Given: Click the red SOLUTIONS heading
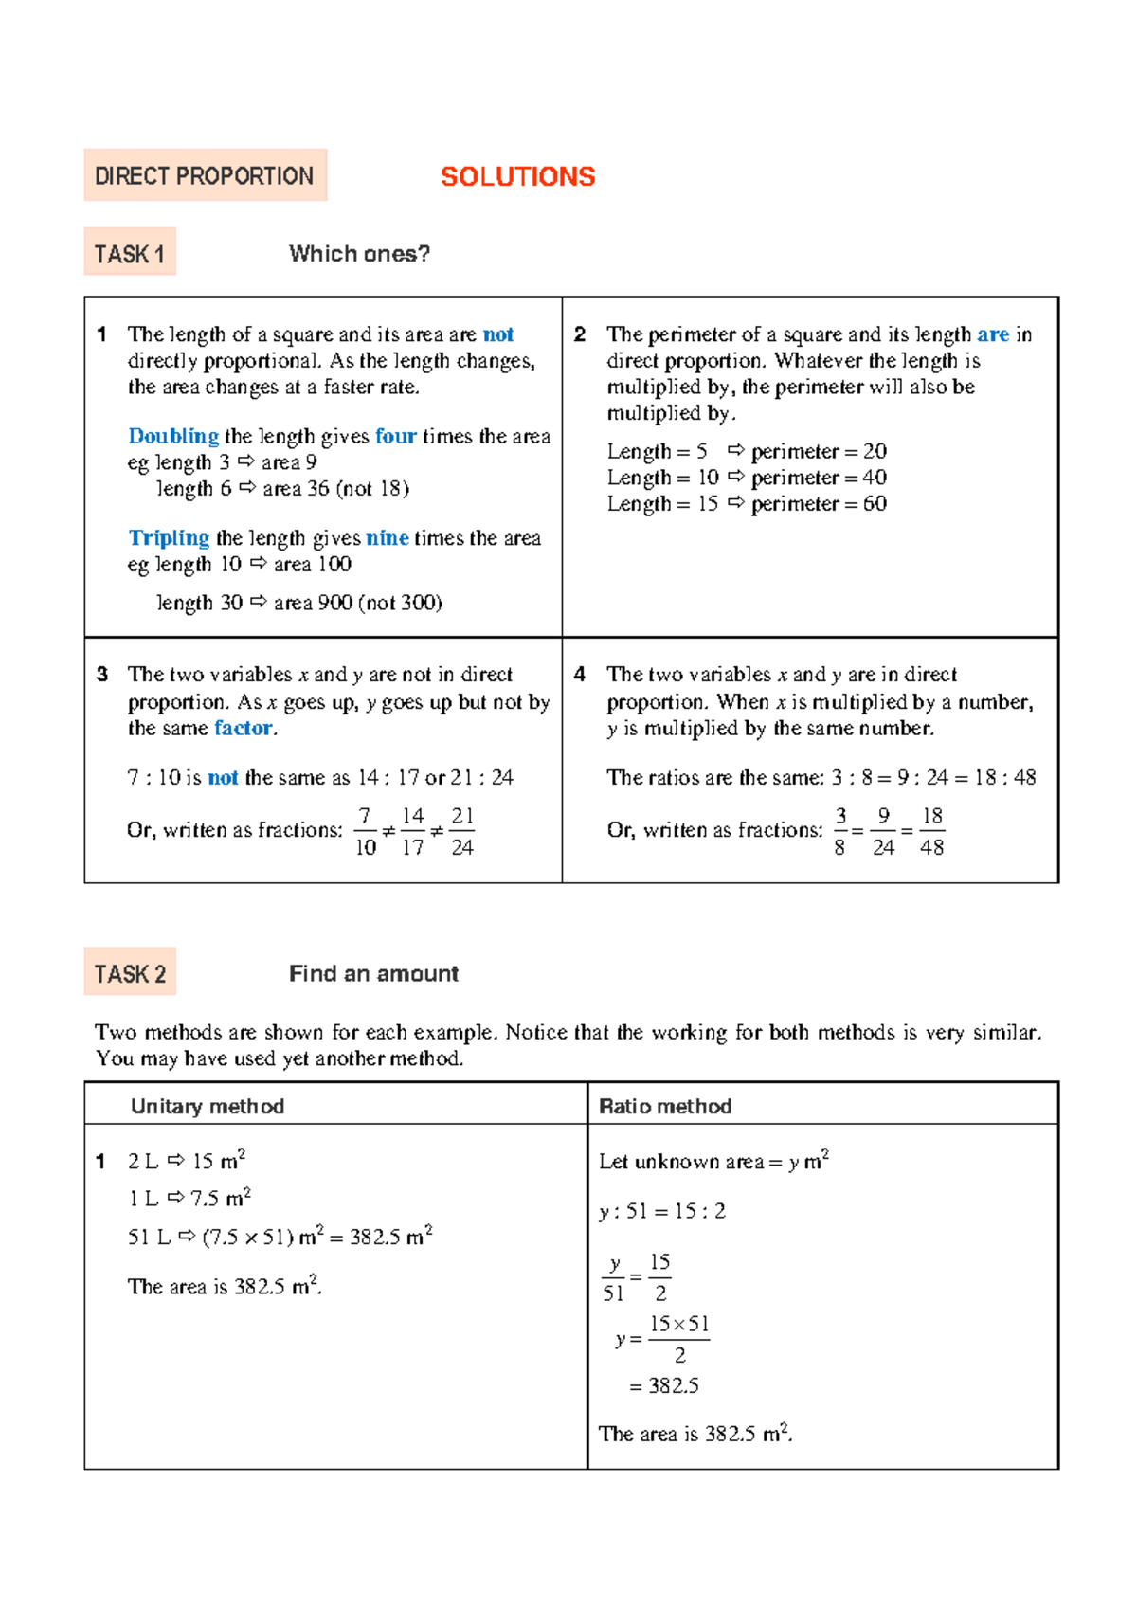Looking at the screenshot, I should click(517, 176).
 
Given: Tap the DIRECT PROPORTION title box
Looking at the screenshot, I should click(205, 175).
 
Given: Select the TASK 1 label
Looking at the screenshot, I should click(130, 254).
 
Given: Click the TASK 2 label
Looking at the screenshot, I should click(130, 973).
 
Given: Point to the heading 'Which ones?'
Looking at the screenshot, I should click(359, 254).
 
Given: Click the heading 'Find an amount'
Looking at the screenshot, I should click(373, 973).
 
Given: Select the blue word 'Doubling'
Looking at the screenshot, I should click(173, 436).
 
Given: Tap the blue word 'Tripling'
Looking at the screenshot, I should click(169, 538).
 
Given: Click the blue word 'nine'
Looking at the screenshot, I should click(388, 538).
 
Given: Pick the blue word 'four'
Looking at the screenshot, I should click(395, 436).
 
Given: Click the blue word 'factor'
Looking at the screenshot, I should click(244, 728).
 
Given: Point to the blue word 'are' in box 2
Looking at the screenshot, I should click(992, 334).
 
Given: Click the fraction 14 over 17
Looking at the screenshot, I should click(412, 831).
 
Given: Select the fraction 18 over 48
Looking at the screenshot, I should click(931, 831).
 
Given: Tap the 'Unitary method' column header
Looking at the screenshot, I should click(208, 1106).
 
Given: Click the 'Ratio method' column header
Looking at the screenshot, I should click(665, 1106).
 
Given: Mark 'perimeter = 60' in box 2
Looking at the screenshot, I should click(819, 504).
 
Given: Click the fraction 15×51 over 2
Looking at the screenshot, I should click(678, 1339).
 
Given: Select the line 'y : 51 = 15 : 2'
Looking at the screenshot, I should click(662, 1211).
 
